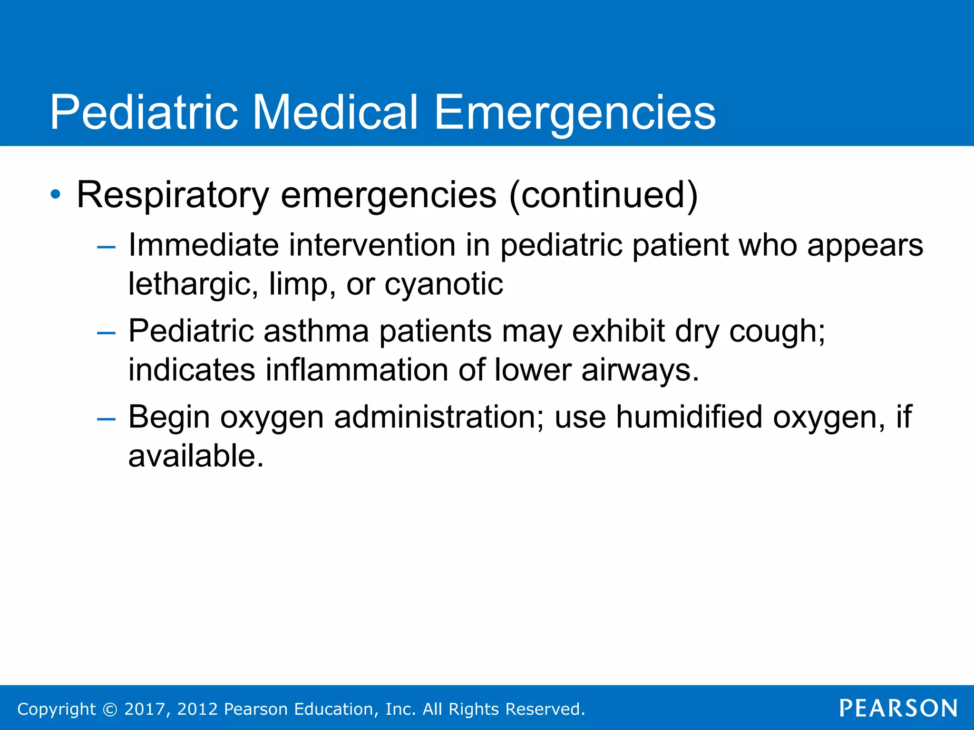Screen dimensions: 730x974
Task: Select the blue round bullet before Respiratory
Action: click(x=56, y=194)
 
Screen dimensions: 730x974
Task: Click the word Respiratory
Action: click(x=173, y=195)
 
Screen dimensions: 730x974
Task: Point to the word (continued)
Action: click(x=603, y=195)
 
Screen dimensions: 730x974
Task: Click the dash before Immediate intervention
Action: click(x=106, y=247)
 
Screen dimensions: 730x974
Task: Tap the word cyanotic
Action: click(x=443, y=284)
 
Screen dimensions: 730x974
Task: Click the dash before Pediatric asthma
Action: click(x=106, y=333)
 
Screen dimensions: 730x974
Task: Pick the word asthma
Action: click(x=316, y=331)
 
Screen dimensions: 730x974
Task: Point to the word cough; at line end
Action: click(x=777, y=332)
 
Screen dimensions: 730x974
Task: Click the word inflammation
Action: click(x=356, y=370)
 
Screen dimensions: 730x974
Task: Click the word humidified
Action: click(x=689, y=417)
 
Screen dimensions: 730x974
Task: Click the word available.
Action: click(x=195, y=456)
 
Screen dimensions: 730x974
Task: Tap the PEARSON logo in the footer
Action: click(x=898, y=708)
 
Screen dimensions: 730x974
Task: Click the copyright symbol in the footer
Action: click(x=110, y=709)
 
